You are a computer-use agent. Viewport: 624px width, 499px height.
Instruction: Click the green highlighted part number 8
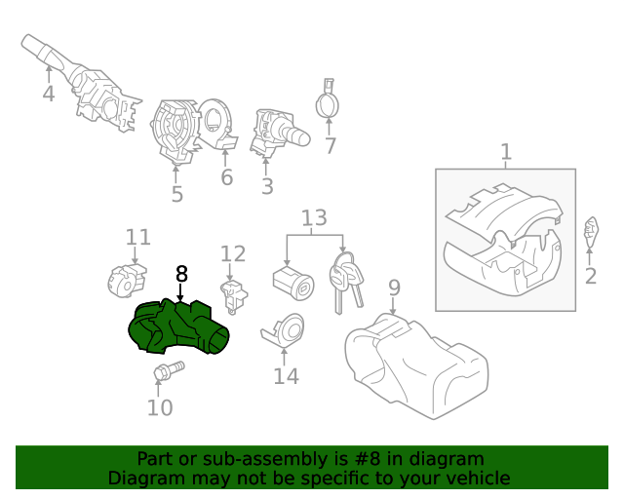point(177,327)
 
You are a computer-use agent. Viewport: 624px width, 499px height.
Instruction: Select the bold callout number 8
point(181,274)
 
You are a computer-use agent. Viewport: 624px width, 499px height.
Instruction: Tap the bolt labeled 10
point(169,371)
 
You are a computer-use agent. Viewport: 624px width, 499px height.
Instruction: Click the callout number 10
point(160,407)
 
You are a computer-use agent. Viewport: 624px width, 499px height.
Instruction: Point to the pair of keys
point(345,282)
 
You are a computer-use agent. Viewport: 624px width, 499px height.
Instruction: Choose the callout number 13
point(314,217)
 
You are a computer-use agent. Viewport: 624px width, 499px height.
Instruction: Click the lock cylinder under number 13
point(293,284)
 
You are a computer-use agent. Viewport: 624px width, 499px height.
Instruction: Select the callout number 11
point(138,237)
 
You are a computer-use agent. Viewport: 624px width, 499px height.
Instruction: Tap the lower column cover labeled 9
point(416,366)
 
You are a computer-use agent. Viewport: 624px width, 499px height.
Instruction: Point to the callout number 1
point(506,152)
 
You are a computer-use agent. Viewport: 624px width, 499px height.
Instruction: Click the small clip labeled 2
point(591,232)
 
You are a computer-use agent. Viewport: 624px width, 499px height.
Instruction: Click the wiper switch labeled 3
point(279,134)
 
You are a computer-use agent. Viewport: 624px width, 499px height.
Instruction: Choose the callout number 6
point(227,177)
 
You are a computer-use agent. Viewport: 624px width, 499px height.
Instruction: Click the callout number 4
point(49,94)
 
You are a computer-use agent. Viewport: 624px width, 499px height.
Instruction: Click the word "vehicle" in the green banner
point(480,478)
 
